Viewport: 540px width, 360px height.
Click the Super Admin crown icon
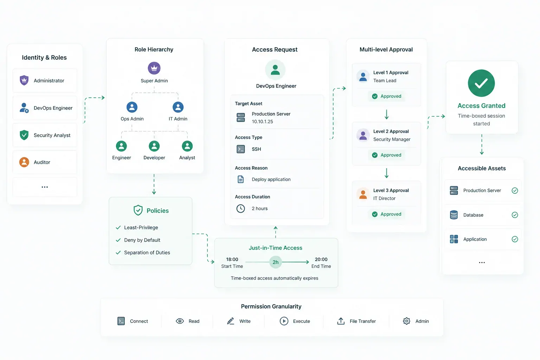coord(154,68)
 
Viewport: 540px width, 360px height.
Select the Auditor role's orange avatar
coord(24,162)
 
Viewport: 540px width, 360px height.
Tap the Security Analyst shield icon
coord(24,135)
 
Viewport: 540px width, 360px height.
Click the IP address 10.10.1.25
coord(262,122)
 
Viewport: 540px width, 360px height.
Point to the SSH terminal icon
coord(240,149)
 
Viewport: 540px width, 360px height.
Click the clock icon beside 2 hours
coord(240,208)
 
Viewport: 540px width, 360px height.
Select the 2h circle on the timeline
coord(275,262)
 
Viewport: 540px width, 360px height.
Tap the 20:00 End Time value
coord(321,259)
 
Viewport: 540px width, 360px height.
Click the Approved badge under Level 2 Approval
coord(386,155)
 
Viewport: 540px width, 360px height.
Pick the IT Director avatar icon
coord(363,194)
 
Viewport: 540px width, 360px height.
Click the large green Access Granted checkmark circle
coord(481,83)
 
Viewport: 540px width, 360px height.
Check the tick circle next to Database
coord(515,215)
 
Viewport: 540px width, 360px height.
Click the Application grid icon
coord(454,239)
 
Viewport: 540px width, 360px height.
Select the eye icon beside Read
coord(180,321)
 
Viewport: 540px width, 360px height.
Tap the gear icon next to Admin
coord(406,321)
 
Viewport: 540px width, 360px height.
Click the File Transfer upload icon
coord(341,321)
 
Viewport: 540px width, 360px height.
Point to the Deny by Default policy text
coord(142,240)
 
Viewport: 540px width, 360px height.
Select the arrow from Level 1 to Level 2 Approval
coord(386,115)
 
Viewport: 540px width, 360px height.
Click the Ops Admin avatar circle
coord(132,107)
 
